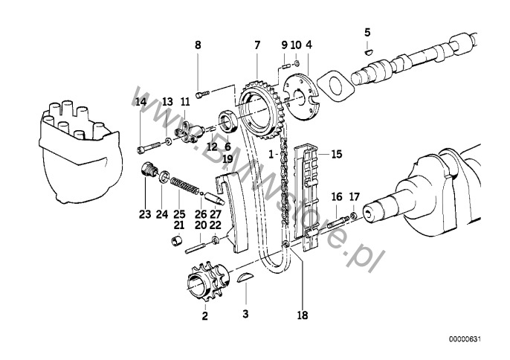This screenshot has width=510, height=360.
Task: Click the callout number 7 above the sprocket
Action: pyautogui.click(x=257, y=45)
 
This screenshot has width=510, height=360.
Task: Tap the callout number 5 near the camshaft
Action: pyautogui.click(x=367, y=31)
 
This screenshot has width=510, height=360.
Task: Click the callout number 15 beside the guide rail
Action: pyautogui.click(x=336, y=154)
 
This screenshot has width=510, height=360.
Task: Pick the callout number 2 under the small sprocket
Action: pyautogui.click(x=204, y=315)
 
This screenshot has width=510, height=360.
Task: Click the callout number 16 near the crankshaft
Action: pyautogui.click(x=336, y=197)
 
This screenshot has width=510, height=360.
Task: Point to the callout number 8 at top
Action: pyautogui.click(x=198, y=45)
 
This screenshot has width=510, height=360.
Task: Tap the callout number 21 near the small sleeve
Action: pyautogui.click(x=179, y=225)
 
